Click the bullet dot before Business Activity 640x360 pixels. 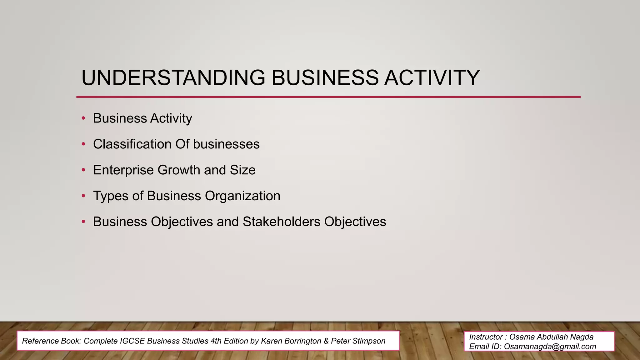[83, 118]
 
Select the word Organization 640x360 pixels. [242, 196]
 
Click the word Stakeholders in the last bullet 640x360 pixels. [281, 222]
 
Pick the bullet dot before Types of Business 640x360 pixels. [83, 196]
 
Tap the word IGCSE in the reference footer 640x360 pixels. [132, 341]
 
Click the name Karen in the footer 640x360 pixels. [271, 341]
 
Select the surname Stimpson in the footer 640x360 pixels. [370, 341]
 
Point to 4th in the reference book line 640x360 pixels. [216, 341]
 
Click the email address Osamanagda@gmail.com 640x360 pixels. [550, 347]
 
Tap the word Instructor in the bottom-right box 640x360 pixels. [485, 337]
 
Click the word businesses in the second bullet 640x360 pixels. [226, 144]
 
